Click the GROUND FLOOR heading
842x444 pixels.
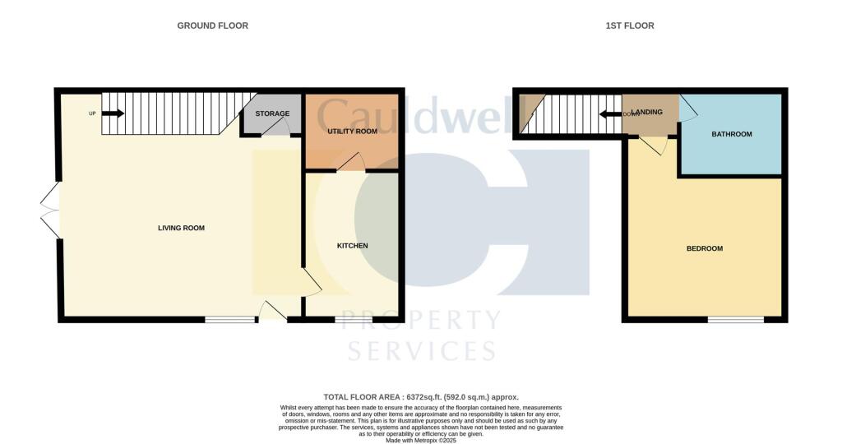pos(212,25)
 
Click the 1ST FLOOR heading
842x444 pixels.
pos(630,25)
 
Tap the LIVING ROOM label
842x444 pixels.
pos(181,228)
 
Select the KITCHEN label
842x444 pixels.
pos(352,246)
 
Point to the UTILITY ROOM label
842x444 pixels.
pos(351,132)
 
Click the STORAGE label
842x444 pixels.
pos(272,113)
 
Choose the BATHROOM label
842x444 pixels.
pos(732,134)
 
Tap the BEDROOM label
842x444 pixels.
pos(705,248)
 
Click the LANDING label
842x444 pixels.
pos(648,113)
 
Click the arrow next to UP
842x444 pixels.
pos(113,113)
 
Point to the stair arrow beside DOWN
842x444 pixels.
pos(611,113)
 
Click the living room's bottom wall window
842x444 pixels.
pos(230,319)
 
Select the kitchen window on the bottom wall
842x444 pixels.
pos(352,319)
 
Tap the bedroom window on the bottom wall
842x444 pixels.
pos(735,319)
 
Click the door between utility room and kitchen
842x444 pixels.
pos(352,163)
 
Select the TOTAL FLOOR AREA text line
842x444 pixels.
pos(421,396)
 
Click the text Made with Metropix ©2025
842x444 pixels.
pos(421,440)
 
